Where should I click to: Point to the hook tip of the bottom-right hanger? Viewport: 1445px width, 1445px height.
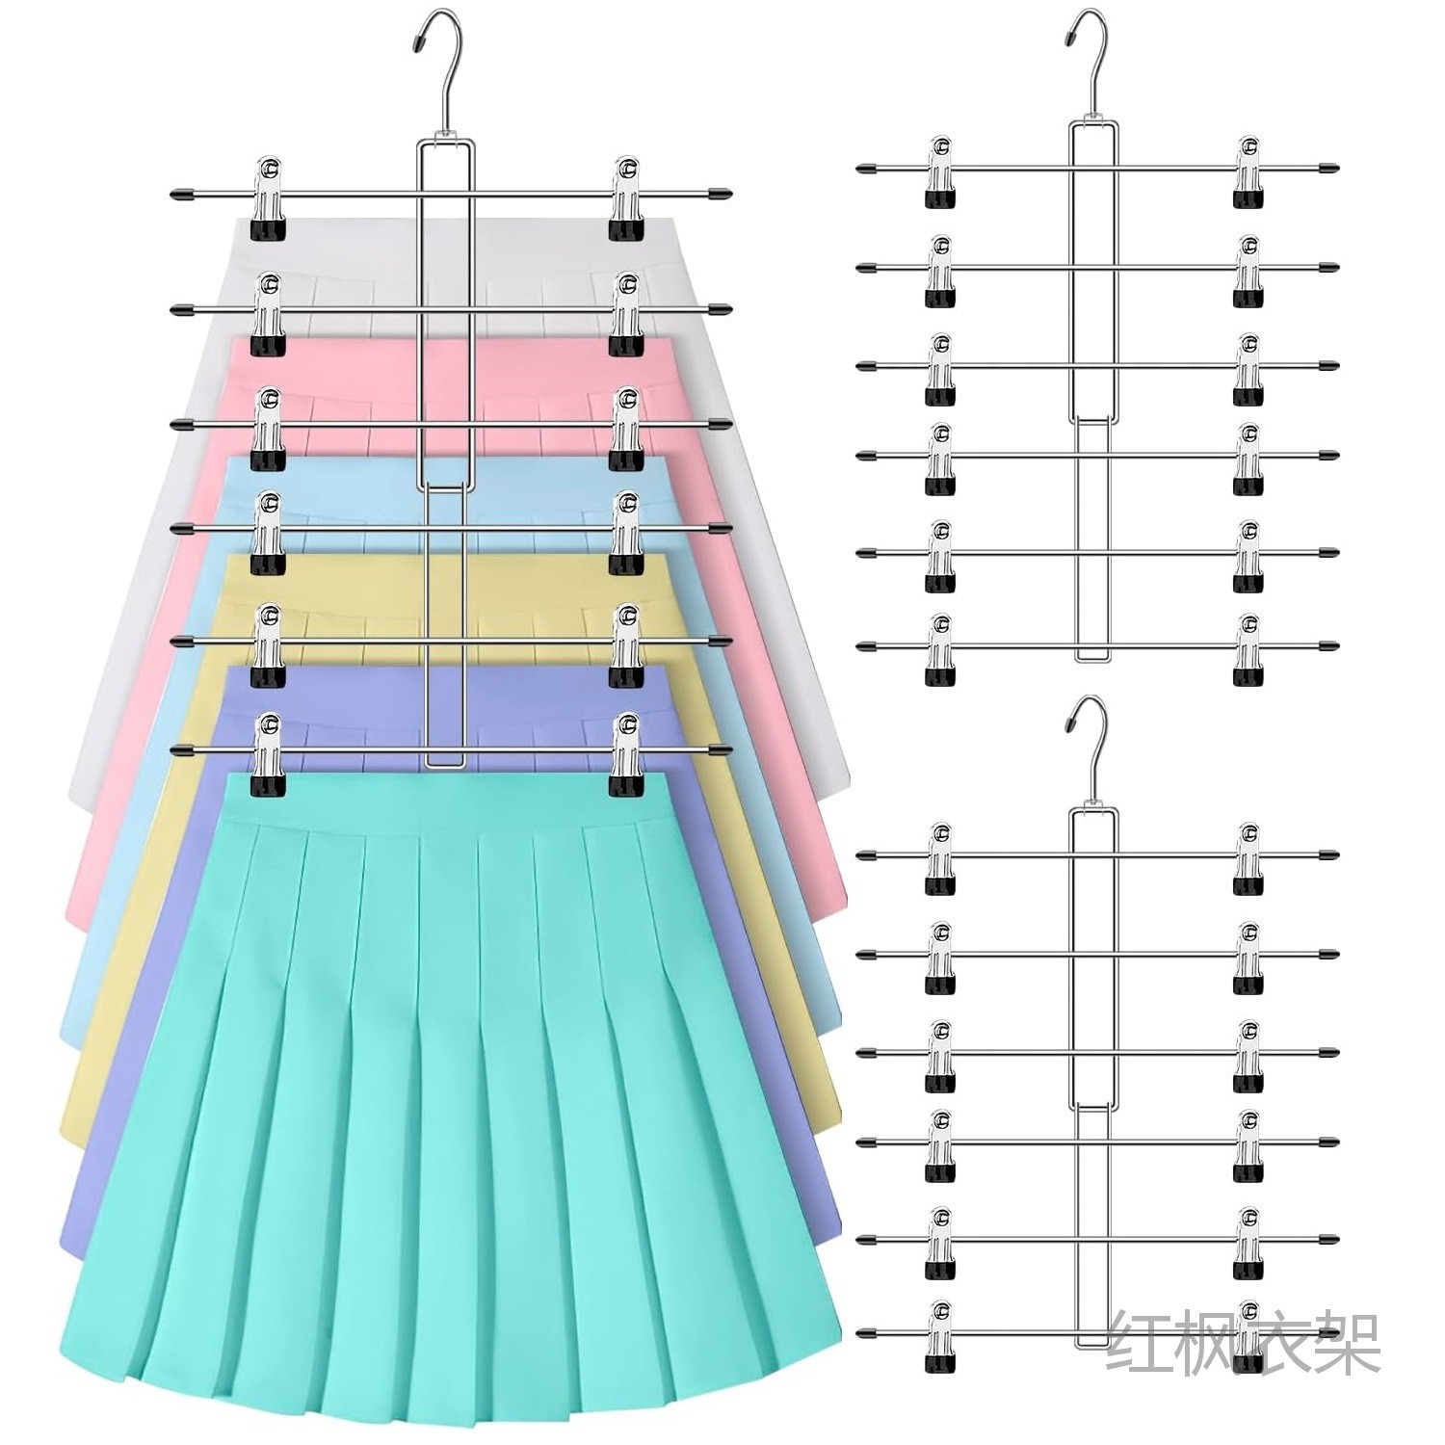[1070, 722]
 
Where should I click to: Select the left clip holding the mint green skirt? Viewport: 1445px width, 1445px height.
[269, 757]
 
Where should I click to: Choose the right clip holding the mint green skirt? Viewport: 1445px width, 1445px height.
[627, 757]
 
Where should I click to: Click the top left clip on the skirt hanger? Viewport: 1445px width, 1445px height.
[269, 198]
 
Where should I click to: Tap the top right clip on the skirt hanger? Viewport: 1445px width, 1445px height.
[627, 198]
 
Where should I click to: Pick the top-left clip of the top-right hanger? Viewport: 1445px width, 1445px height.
[941, 173]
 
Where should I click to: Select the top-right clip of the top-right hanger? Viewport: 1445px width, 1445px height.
[1248, 173]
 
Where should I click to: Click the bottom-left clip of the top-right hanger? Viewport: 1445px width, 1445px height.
[941, 650]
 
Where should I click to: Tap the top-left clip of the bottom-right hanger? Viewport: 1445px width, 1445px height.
[941, 859]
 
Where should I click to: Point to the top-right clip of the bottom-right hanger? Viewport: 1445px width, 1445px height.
[1248, 859]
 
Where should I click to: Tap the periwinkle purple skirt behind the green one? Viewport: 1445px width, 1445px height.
[116, 1156]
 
